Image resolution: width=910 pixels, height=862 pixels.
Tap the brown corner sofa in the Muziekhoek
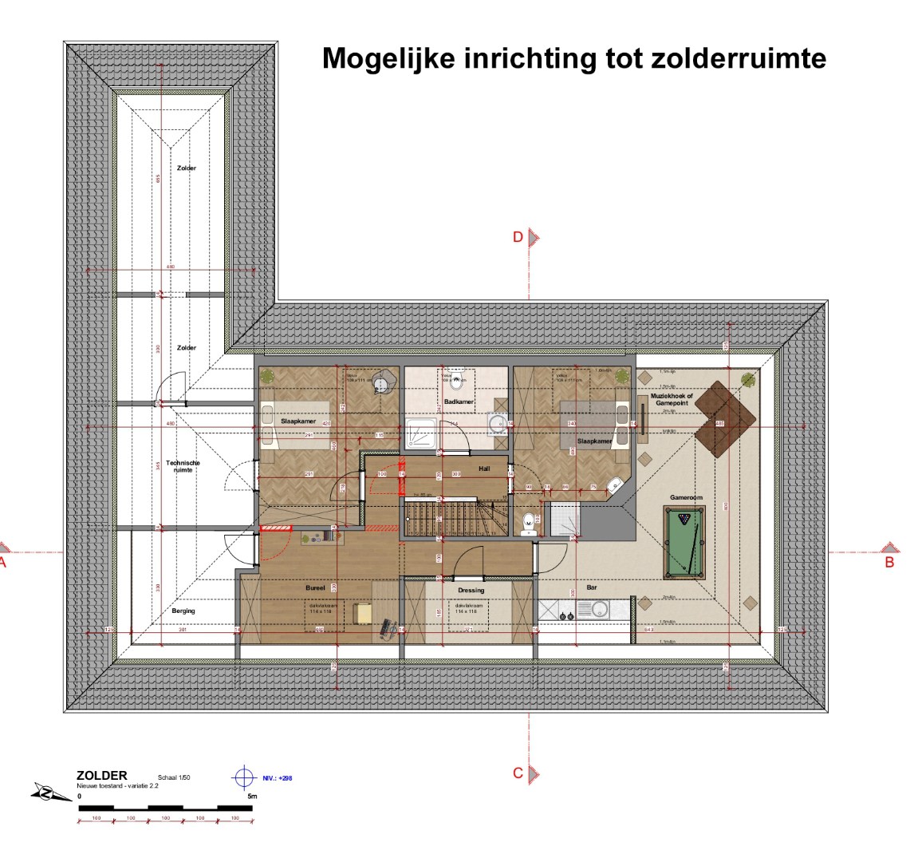click(x=724, y=417)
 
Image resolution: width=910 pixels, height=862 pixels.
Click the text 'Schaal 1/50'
click(x=174, y=777)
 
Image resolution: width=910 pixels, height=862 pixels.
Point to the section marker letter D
click(x=518, y=237)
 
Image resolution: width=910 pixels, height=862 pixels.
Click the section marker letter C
click(x=518, y=773)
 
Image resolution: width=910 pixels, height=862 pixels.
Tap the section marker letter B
click(x=889, y=562)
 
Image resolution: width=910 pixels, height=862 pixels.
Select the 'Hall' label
click(x=484, y=468)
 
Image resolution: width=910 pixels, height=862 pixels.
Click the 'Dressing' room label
click(x=471, y=591)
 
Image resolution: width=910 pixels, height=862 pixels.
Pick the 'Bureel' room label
click(x=315, y=587)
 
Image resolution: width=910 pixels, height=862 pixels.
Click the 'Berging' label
click(x=183, y=611)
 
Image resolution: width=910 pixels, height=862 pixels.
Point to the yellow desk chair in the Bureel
click(x=364, y=613)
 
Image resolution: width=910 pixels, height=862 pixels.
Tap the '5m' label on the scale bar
click(x=251, y=796)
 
